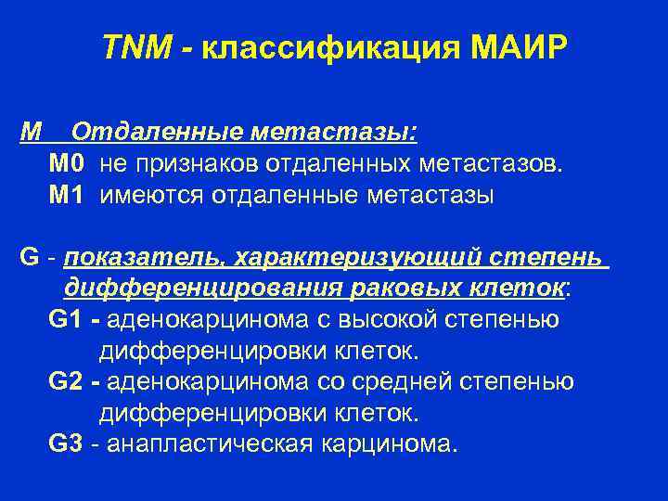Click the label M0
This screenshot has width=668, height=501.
pyautogui.click(x=68, y=164)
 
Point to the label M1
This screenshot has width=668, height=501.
pyautogui.click(x=68, y=195)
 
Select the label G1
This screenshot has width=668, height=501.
pyautogui.click(x=66, y=320)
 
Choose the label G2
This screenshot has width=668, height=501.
pyautogui.click(x=66, y=381)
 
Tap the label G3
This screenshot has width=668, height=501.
pyautogui.click(x=66, y=443)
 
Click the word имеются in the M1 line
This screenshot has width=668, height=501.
pyautogui.click(x=153, y=196)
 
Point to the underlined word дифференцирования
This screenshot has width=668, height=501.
pyautogui.click(x=202, y=289)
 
